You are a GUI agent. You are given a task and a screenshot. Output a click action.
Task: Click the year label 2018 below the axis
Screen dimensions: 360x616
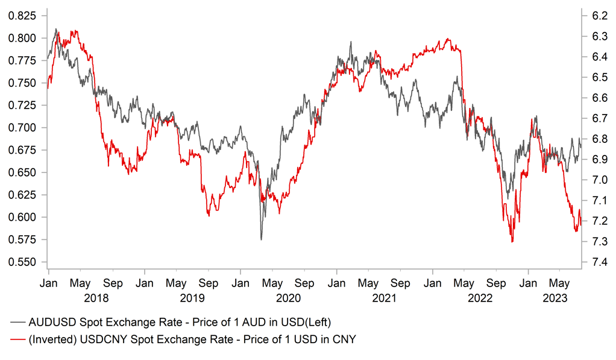(96, 298)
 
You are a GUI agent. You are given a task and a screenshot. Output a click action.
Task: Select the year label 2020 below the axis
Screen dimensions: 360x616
(288, 298)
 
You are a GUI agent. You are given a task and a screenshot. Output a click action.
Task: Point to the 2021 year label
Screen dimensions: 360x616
(384, 298)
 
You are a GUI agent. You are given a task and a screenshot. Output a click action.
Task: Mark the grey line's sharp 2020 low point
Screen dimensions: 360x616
(261, 239)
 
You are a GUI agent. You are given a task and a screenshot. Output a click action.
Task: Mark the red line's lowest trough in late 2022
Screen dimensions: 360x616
(512, 242)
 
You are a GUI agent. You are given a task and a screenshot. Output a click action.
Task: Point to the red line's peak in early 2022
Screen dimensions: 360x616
(447, 39)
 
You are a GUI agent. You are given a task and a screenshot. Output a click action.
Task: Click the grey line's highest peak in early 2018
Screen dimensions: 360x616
(56, 28)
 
